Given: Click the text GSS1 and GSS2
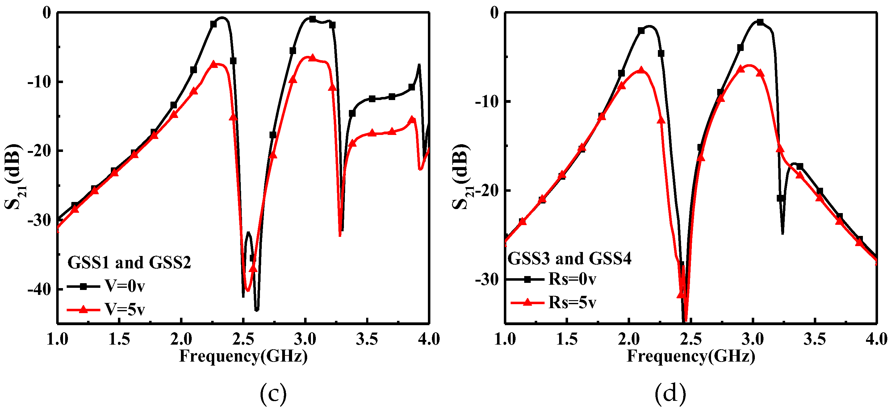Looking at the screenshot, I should click(129, 262).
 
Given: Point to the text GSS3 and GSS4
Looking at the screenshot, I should click(570, 258).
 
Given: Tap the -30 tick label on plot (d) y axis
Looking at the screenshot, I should click(487, 279).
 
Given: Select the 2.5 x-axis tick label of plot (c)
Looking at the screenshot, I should click(243, 339).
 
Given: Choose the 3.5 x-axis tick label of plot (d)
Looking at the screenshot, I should click(815, 339).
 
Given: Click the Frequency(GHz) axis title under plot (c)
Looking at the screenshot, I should click(243, 356).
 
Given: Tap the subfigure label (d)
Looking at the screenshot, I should click(670, 393).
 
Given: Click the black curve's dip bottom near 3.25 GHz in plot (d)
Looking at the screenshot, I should click(782, 233).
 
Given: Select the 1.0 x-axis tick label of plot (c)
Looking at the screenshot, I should click(57, 339).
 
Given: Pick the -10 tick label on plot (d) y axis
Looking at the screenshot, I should click(487, 102).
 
